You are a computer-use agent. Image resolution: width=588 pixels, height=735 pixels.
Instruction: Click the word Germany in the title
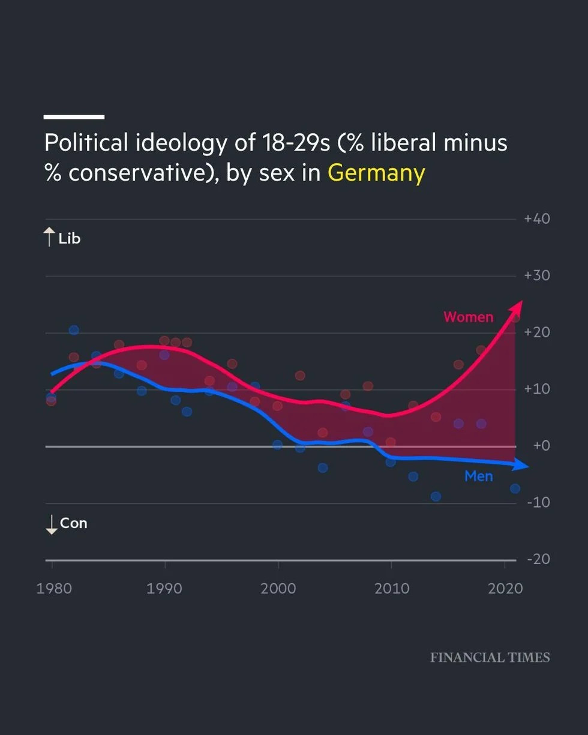376,173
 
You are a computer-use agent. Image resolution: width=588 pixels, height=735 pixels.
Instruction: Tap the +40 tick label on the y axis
537,219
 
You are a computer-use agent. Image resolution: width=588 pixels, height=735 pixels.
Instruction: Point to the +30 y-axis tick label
537,276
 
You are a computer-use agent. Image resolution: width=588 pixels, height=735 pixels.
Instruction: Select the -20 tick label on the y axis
538,560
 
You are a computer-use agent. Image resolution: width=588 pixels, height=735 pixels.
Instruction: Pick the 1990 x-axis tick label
164,589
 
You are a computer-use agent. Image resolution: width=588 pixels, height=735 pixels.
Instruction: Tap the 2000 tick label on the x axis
278,589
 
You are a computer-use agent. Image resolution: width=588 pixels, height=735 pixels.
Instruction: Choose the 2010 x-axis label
391,589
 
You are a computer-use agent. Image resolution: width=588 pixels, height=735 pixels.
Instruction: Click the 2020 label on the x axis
505,589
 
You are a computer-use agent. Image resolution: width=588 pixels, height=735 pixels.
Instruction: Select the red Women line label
468,317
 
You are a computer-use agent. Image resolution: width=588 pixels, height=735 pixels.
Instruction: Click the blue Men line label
478,476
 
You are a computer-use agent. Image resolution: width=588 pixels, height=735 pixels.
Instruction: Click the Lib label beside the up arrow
69,239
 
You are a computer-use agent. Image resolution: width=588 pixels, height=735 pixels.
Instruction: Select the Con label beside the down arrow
73,523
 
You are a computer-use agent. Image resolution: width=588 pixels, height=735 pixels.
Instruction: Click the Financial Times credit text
490,658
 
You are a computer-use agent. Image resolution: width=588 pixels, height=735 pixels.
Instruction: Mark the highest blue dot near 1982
74,330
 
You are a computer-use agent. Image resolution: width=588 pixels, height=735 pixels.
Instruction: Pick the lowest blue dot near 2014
436,496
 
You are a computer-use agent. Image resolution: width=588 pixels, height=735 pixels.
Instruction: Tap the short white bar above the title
74,117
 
